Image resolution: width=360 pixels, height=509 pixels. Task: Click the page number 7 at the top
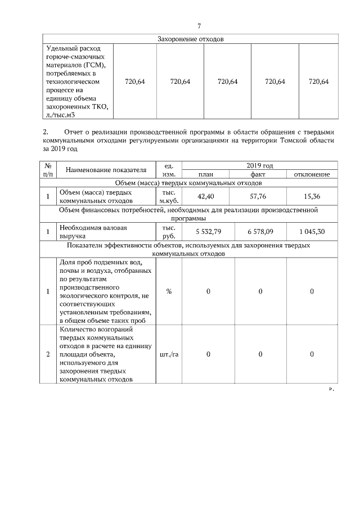click(199, 26)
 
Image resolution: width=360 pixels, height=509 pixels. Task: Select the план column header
click(205, 174)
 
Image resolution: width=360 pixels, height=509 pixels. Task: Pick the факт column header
click(258, 174)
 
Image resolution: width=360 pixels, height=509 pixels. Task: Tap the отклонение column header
click(312, 174)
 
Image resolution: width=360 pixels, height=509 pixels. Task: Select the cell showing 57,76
click(258, 196)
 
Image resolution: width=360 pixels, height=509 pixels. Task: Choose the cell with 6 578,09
click(258, 232)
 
